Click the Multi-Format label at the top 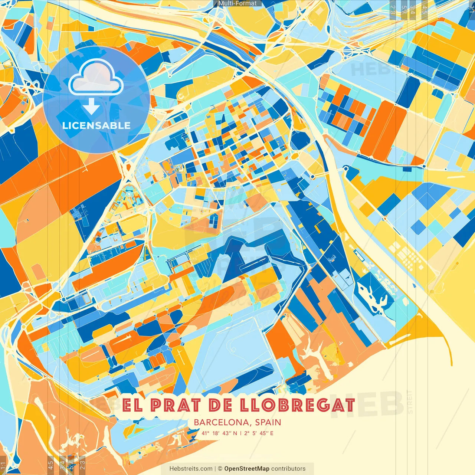237,3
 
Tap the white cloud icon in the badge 96,78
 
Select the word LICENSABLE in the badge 96,125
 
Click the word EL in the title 132,405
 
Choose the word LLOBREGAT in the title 297,405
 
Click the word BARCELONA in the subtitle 222,422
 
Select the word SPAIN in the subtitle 268,422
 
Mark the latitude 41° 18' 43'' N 219,433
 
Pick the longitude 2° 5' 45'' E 259,433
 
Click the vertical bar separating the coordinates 241,433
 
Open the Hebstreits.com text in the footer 191,469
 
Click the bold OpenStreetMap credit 247,469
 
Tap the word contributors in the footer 288,469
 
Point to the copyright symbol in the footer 220,469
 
